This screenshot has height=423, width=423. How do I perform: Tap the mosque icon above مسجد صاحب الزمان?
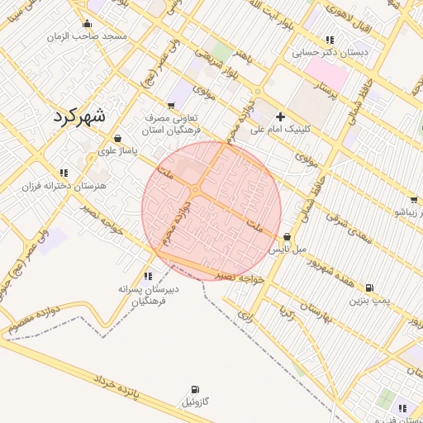pos(88,24)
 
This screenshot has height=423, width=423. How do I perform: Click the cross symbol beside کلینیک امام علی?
pos(280,116)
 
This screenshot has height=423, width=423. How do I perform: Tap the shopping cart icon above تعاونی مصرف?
pos(171,105)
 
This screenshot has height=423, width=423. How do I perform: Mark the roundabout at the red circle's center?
pos(196,191)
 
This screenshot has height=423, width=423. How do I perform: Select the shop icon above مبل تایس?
pos(287,236)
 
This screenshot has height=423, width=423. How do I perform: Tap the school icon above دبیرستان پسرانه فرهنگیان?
pos(148,276)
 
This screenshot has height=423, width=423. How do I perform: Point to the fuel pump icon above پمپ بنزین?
pos(368,288)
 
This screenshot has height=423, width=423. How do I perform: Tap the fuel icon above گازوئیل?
pos(194,389)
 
